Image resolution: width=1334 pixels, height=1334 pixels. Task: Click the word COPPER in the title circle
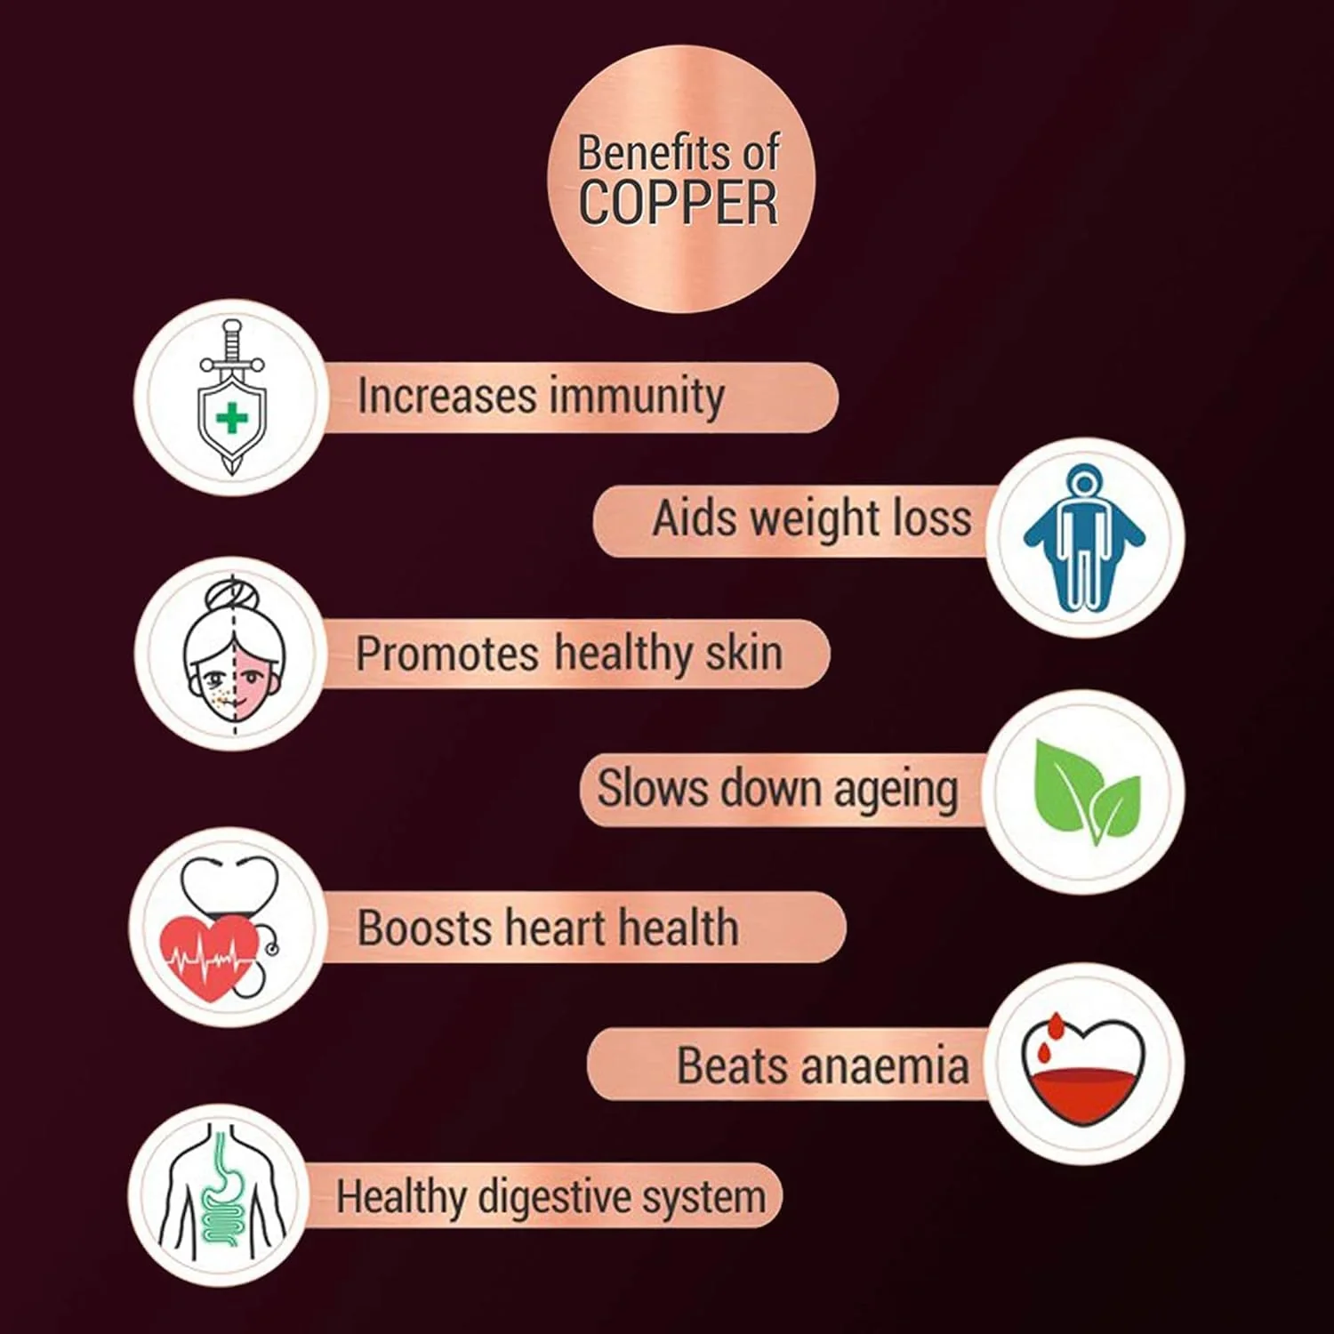click(679, 204)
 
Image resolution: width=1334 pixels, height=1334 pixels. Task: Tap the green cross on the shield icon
click(232, 418)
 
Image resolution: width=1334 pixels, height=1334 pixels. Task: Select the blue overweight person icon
click(1084, 537)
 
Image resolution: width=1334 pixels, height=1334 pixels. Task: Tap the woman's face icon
click(235, 655)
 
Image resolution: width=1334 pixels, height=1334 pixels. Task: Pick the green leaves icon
click(1087, 792)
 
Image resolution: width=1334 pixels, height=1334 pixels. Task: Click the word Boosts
click(424, 928)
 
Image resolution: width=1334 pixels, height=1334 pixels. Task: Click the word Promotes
click(447, 654)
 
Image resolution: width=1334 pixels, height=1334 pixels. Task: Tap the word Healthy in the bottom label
click(401, 1197)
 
